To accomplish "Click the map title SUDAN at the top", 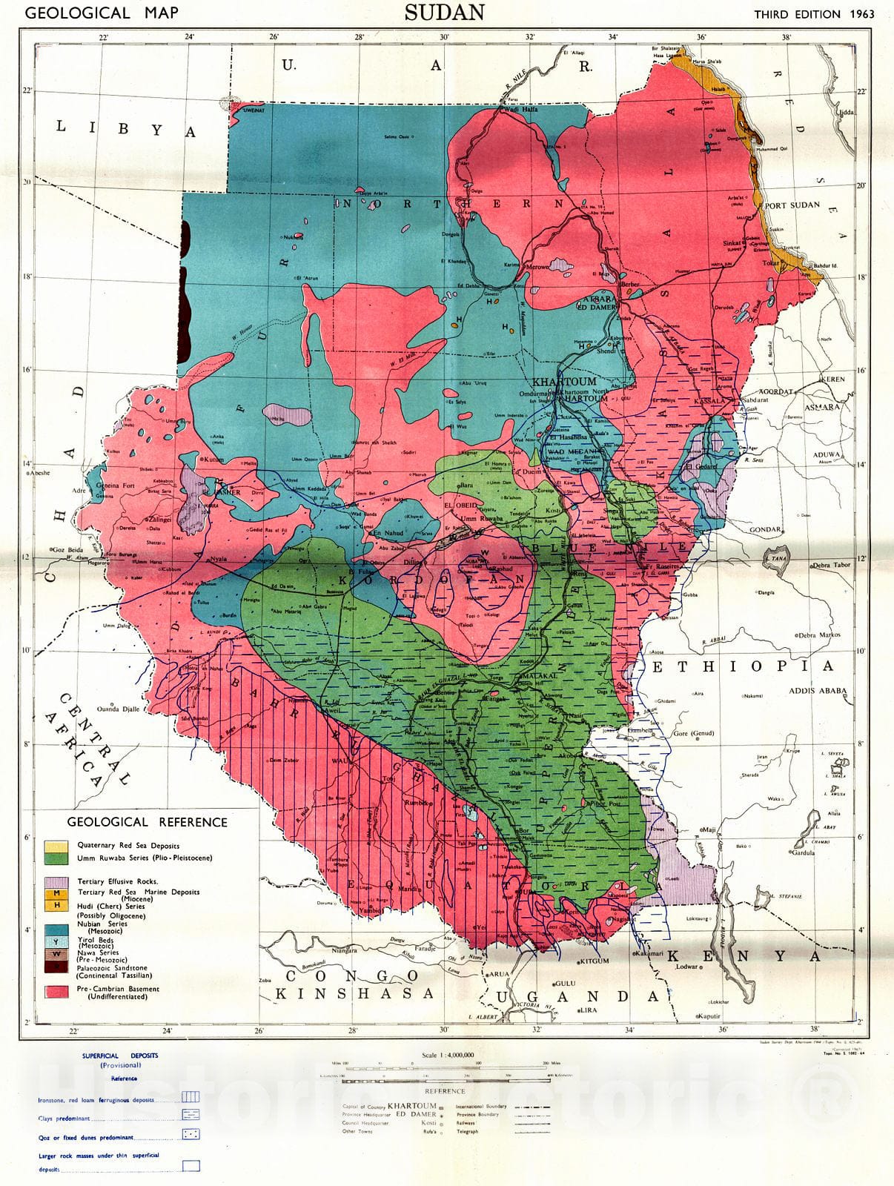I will point(445,13).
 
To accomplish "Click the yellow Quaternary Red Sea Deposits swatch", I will point(57,846).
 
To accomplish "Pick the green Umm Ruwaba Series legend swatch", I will point(57,858).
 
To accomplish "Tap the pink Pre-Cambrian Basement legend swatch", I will point(57,992).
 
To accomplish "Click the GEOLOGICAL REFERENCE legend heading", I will point(148,822).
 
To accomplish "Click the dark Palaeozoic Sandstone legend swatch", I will point(57,967).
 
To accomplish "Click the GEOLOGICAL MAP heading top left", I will point(92,13).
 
